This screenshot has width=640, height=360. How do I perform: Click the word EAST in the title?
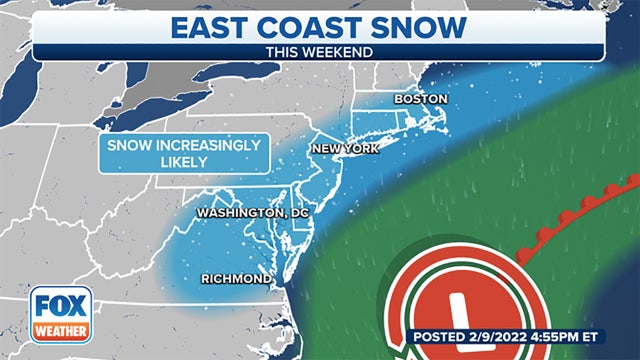point(227,26)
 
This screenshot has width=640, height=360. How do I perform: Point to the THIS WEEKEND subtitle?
point(319,51)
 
